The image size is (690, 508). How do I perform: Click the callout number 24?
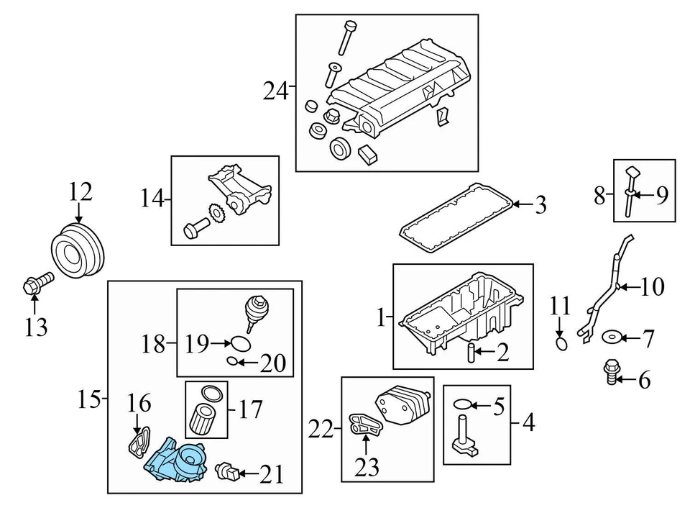(275, 91)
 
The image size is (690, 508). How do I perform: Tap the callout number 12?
(80, 192)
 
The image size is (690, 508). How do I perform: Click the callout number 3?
(540, 205)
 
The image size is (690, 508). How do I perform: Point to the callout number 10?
(653, 288)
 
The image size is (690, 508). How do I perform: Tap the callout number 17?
(251, 410)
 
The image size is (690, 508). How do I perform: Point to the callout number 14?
(152, 199)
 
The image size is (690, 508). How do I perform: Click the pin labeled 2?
(471, 353)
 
